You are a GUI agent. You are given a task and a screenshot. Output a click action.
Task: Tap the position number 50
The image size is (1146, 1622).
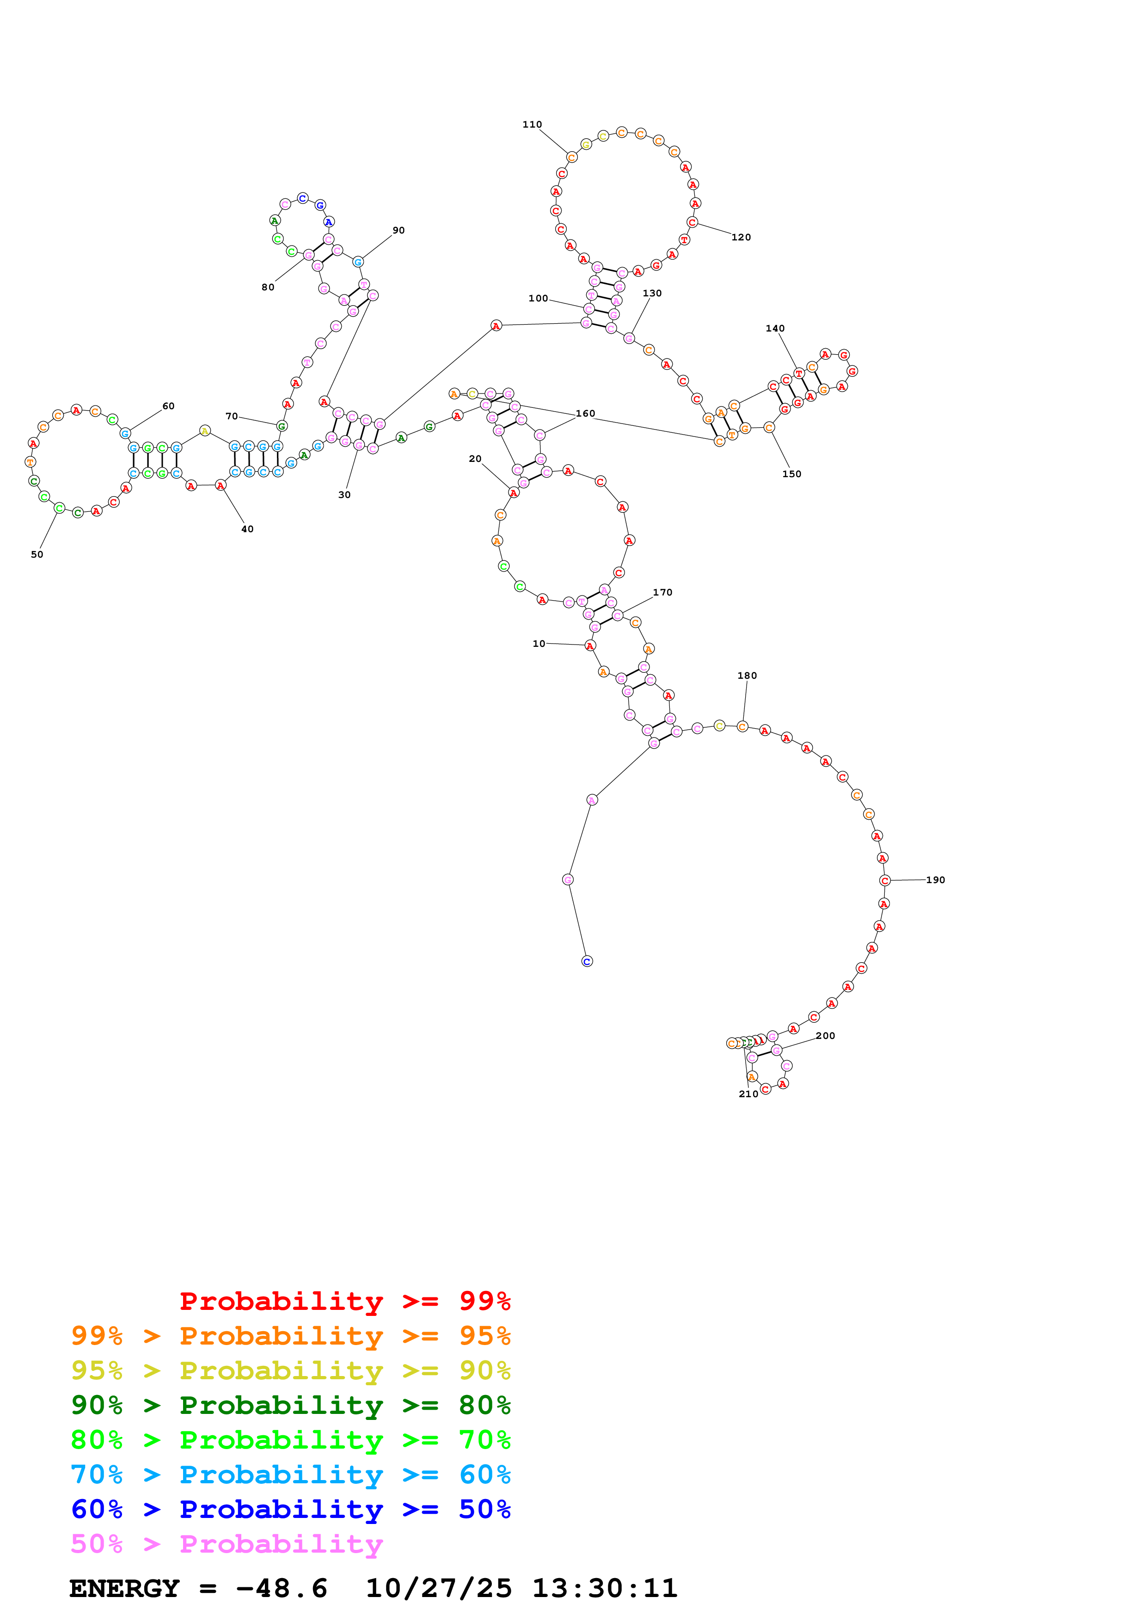click(x=37, y=554)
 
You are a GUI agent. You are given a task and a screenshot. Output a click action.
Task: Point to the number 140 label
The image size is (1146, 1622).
click(x=775, y=328)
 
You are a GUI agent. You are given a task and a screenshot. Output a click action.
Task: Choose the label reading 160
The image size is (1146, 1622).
click(x=585, y=413)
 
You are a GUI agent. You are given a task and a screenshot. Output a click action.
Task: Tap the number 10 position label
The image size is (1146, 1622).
click(x=539, y=644)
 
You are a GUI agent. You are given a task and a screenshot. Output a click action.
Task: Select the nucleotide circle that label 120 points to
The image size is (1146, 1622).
click(x=692, y=222)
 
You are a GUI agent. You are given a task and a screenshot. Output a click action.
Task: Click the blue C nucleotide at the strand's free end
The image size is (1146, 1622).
click(x=587, y=961)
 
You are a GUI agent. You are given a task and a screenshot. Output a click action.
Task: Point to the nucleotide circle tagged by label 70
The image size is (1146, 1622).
click(x=282, y=426)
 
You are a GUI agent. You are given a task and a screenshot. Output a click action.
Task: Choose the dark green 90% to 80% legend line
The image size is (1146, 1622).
click(x=290, y=1405)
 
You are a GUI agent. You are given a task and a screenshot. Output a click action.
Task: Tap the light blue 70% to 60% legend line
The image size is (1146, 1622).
click(x=290, y=1475)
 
